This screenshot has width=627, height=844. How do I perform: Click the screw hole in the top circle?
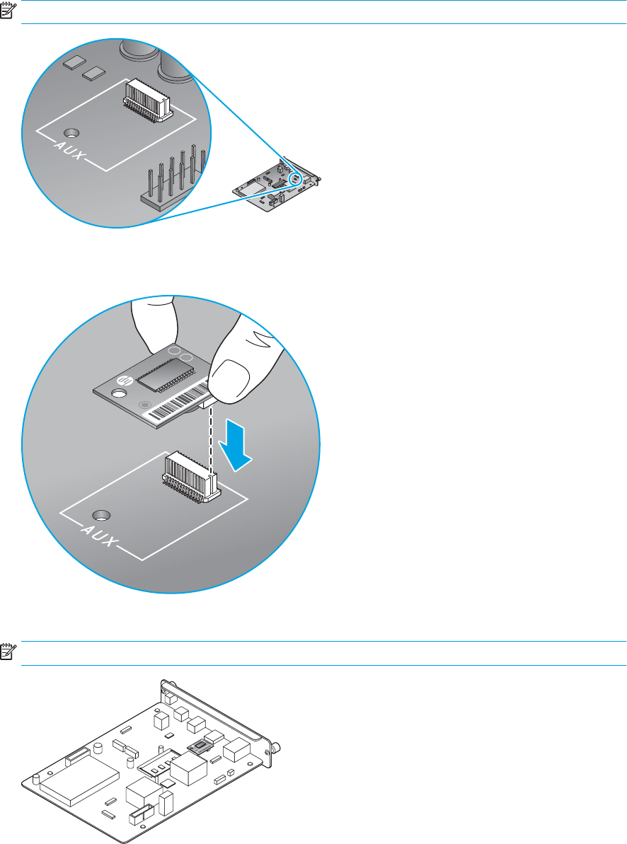click(x=70, y=132)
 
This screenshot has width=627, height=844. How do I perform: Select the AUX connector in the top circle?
click(x=147, y=98)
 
